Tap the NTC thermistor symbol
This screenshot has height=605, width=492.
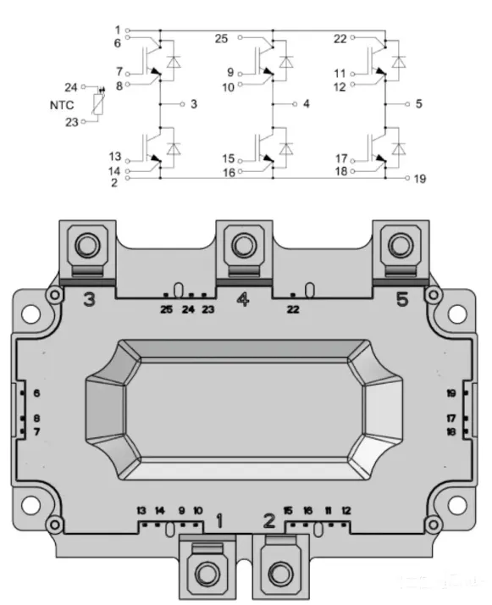click(x=102, y=106)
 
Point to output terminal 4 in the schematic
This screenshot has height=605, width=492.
click(x=306, y=103)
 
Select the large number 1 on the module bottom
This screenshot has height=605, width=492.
click(x=219, y=520)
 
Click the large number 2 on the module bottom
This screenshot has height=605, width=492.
click(x=268, y=520)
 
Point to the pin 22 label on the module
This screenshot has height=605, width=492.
click(x=292, y=309)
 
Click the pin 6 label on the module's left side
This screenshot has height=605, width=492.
click(x=36, y=393)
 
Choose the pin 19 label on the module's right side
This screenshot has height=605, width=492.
click(x=451, y=393)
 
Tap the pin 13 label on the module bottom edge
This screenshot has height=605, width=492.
click(x=141, y=511)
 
